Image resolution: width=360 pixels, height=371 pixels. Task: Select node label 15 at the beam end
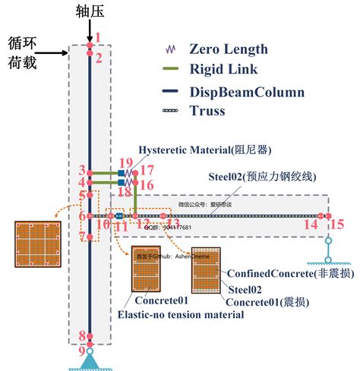tap(339, 224)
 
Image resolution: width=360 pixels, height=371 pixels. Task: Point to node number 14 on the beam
tap(311, 224)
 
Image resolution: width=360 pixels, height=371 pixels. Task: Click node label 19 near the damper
tap(126, 162)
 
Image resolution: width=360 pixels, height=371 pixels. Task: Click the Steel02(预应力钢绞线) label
tap(262, 177)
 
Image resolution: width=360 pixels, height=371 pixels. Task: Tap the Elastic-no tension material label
tap(180, 314)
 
